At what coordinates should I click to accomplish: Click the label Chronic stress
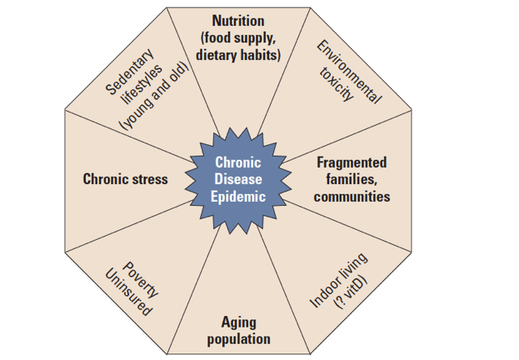[x=126, y=178]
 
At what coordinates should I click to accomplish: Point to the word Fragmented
[x=351, y=162]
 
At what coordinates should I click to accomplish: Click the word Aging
[x=238, y=322]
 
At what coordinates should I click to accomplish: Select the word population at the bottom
[x=238, y=339]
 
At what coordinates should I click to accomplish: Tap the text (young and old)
[x=154, y=96]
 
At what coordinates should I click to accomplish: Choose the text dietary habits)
[x=238, y=56]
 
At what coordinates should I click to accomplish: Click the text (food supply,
[x=238, y=38]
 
